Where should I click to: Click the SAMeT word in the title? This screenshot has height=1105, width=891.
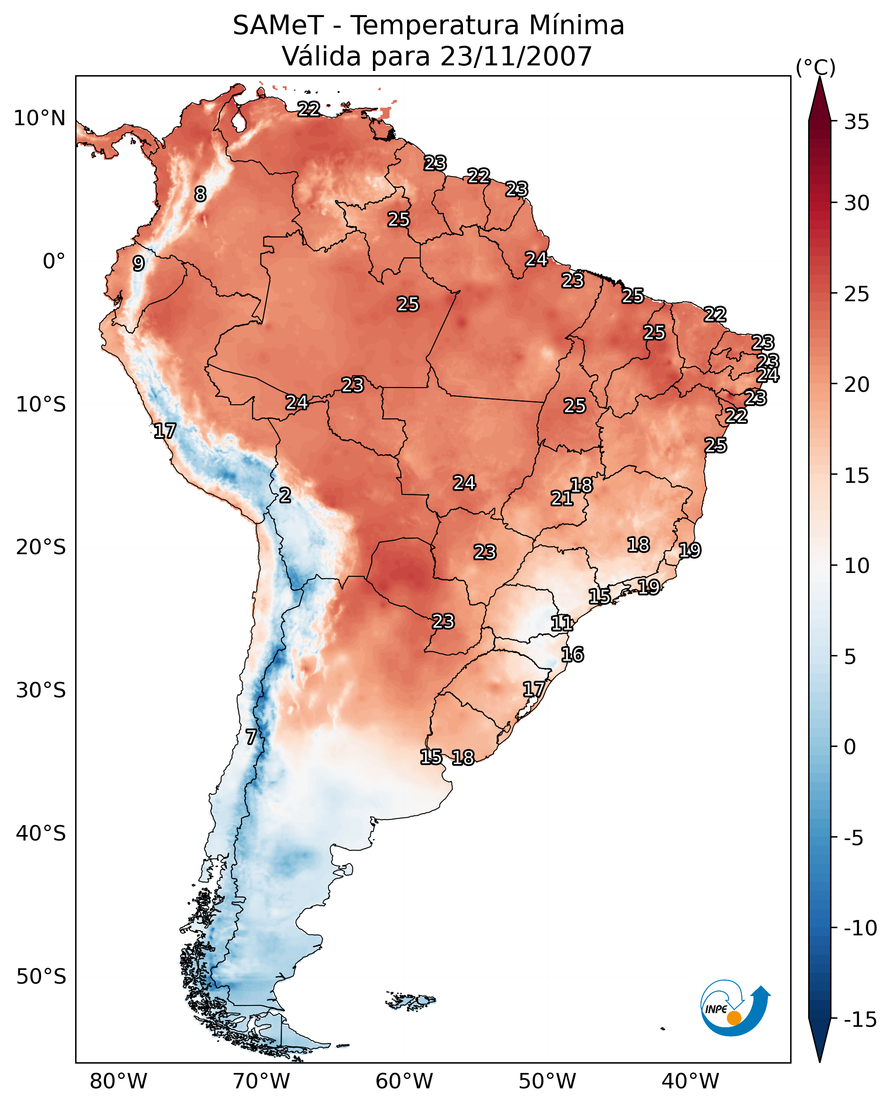278,25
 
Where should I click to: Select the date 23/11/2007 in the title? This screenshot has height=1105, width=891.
516,56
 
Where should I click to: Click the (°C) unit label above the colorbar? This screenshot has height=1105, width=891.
815,67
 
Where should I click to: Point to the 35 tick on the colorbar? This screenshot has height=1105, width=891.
856,122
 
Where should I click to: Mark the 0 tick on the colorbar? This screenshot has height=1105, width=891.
850,746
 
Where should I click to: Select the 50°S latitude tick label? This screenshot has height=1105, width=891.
41,977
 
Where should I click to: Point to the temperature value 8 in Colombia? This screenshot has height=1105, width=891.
200,194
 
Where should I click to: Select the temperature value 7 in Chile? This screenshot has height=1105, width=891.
250,737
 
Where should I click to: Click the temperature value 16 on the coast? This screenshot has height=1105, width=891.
572,654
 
